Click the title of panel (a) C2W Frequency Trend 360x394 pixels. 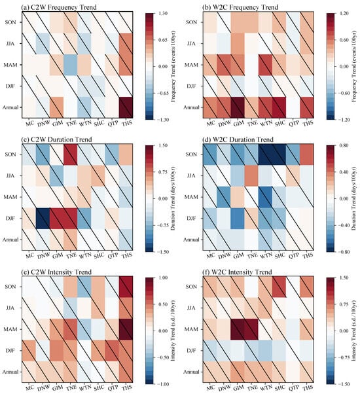coord(59,7)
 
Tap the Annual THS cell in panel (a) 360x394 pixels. coord(126,107)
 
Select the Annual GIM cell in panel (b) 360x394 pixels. coord(238,107)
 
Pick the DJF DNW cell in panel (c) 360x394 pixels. coord(43,219)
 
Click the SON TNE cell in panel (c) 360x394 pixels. coord(70,154)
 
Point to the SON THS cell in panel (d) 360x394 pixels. coord(307,154)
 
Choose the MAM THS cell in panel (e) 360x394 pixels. coord(126,329)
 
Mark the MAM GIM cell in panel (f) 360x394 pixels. coord(238,329)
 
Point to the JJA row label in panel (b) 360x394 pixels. coord(191,43)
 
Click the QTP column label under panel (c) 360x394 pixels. coord(113,255)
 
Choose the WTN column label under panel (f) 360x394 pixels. coord(266,387)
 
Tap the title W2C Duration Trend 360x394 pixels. coord(238,139)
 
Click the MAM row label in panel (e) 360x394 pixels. coord(10,329)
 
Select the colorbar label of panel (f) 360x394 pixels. coord(353,331)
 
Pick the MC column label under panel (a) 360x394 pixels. coord(30,123)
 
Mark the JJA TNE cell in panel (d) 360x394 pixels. coord(251,176)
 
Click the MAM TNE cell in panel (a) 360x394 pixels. coord(70,65)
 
